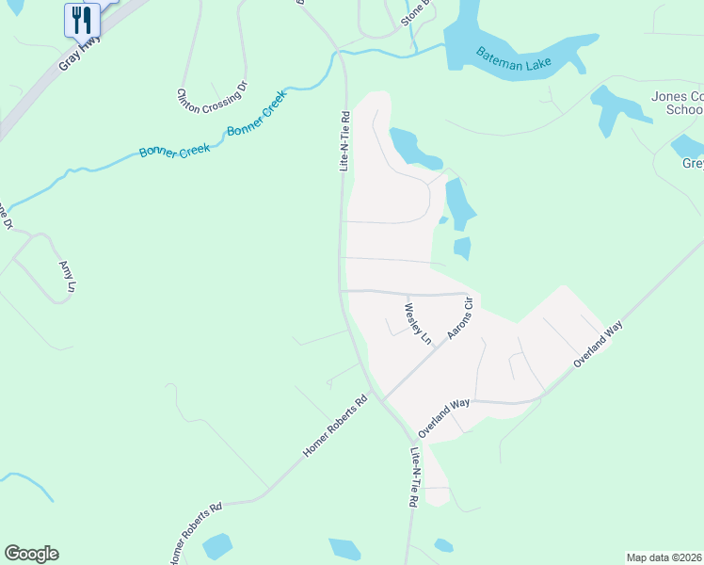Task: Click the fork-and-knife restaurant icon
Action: pos(82,19)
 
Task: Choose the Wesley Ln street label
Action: pos(417,323)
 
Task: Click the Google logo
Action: pos(31,554)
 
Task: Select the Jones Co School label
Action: pos(677,103)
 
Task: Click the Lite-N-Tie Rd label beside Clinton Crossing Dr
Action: pos(344,141)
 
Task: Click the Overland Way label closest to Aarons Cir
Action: pos(444,416)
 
